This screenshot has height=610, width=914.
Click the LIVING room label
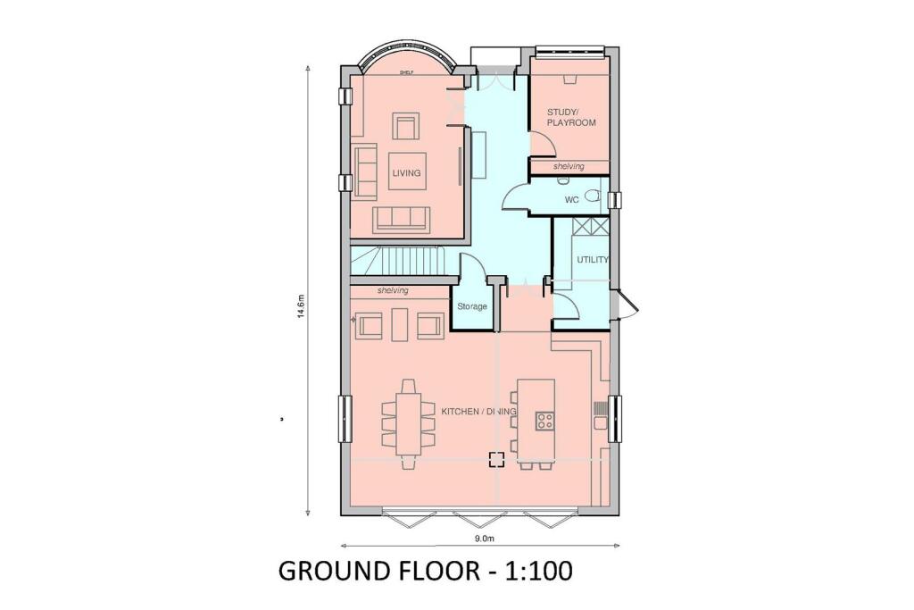405,172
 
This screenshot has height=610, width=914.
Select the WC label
572,200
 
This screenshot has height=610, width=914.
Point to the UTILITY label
592,260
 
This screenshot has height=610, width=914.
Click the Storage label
472,306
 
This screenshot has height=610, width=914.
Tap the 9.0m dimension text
484,539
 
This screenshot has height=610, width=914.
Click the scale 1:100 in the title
532,571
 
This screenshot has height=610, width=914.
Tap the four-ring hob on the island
544,419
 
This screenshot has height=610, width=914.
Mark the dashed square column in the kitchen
496,460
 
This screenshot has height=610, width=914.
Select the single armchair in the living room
407,127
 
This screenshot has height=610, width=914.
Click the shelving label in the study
569,167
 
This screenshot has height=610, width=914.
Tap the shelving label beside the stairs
393,291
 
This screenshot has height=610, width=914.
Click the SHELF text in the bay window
405,74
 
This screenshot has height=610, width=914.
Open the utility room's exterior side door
628,305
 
